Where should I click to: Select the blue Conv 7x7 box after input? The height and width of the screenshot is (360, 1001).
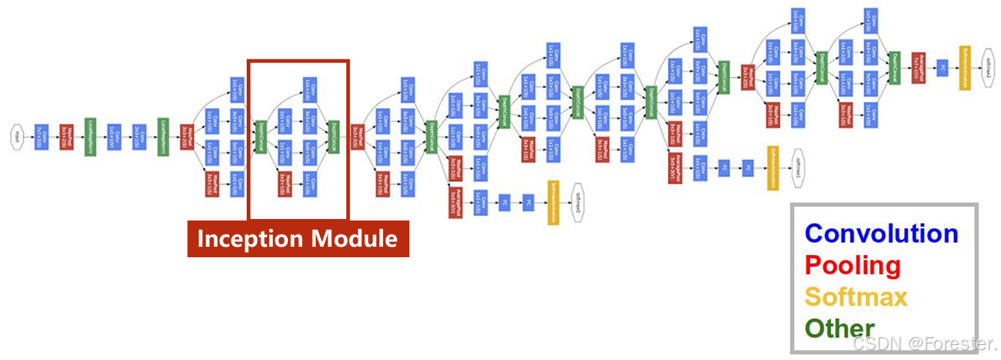coord(42,136)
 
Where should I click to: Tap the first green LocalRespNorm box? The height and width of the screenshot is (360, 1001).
coord(90,136)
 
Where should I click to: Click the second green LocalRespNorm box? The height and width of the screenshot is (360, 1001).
coord(163,136)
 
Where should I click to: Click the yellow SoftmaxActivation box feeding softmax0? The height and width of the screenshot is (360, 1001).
coord(553,202)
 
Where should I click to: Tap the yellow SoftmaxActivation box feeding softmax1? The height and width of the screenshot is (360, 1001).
coord(772,167)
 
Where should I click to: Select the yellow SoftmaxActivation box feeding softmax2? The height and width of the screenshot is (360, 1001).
coord(964,68)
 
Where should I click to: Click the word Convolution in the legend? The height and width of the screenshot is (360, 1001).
coord(881,233)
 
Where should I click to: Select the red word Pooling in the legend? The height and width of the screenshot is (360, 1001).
coord(853,265)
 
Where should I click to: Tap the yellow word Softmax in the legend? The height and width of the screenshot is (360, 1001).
coord(856,296)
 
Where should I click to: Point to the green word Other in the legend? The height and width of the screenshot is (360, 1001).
coord(839,328)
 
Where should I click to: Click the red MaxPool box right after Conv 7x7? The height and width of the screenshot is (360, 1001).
coord(66,136)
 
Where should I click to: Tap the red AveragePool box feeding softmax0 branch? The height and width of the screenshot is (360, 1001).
coord(454,202)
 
